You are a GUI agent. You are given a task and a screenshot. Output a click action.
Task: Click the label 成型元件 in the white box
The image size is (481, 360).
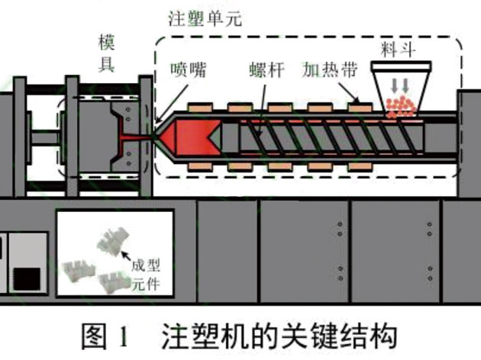[153, 272]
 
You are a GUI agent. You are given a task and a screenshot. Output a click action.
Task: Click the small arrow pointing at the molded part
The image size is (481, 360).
[124, 257]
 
